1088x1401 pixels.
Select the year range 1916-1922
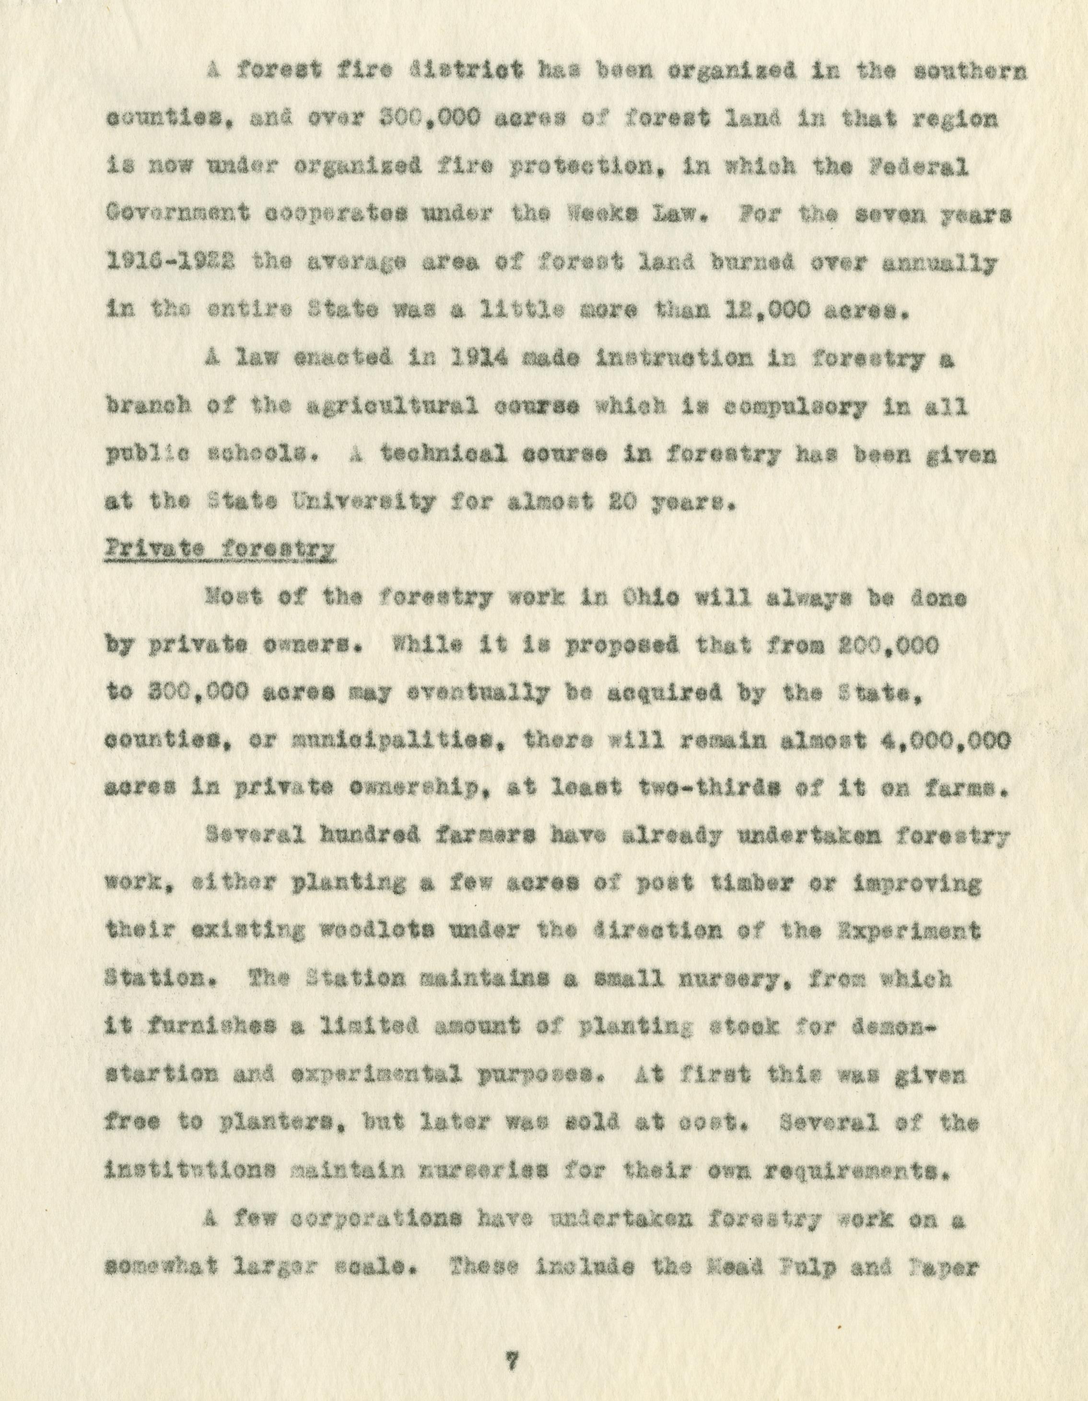[170, 264]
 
